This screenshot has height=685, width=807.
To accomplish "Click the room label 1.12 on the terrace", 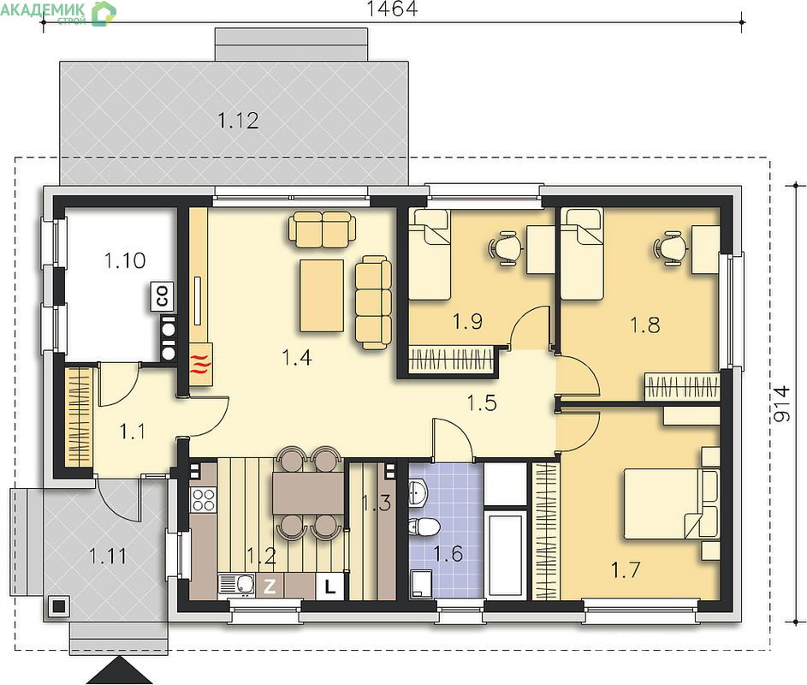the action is pyautogui.click(x=238, y=121).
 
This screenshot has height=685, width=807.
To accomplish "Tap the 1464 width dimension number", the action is pyautogui.click(x=392, y=9).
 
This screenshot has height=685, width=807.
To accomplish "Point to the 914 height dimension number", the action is pyautogui.click(x=782, y=404).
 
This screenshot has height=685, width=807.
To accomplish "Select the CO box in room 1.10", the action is pyautogui.click(x=162, y=296).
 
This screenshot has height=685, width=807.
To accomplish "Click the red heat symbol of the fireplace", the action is pyautogui.click(x=201, y=364).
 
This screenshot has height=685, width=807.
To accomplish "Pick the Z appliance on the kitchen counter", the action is pyautogui.click(x=270, y=587).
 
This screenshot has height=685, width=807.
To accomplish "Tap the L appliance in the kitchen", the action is pyautogui.click(x=329, y=587).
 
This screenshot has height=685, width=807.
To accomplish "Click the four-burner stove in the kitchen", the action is pyautogui.click(x=204, y=499).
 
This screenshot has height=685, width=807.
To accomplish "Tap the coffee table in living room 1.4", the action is pyautogui.click(x=322, y=295).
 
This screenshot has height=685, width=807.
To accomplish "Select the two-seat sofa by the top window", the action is pyautogui.click(x=322, y=229).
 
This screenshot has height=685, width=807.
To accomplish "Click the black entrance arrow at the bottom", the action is pyautogui.click(x=120, y=670).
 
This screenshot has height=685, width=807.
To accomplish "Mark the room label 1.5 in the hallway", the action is pyautogui.click(x=482, y=402).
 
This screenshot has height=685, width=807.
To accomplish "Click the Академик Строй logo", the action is pyautogui.click(x=58, y=13).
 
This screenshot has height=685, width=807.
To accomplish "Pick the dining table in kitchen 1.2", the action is pyautogui.click(x=308, y=492).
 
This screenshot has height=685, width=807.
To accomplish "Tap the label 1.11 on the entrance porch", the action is pyautogui.click(x=107, y=556).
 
